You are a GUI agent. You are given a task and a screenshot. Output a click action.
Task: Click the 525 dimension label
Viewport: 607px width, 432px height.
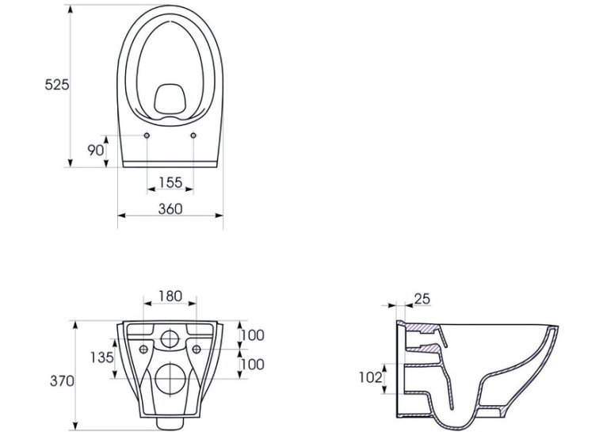56,84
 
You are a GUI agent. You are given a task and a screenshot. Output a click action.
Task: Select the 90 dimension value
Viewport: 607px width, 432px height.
95,150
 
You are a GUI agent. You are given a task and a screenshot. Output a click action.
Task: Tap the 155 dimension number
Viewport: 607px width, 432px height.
170,182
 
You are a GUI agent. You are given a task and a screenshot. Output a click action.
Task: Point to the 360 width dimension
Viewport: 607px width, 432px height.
170,209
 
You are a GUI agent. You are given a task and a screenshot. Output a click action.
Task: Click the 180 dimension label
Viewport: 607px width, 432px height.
170,296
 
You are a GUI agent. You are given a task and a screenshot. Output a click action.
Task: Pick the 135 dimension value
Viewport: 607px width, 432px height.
101,357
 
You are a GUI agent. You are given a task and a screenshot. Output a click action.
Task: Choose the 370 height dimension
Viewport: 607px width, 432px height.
62,381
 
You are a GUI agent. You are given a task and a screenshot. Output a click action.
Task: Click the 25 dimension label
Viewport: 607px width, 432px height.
422,299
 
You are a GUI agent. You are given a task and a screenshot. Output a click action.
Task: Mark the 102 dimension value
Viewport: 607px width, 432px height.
371,377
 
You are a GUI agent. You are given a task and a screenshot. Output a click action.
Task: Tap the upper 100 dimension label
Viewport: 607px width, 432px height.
253,335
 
